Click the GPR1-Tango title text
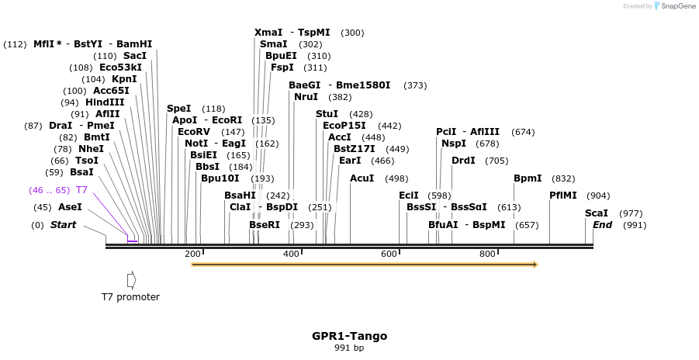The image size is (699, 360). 349,336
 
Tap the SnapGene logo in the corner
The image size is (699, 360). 673,6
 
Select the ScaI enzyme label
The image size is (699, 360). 597,213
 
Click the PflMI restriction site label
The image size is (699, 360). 563,196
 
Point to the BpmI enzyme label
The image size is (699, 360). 528,178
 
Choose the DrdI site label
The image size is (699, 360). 463,161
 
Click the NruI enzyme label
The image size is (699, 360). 306,97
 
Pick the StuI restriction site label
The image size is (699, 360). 327,114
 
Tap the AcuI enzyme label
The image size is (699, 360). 362,178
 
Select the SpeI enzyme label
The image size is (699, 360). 179,109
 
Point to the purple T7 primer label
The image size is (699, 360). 81,190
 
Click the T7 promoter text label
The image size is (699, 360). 130,297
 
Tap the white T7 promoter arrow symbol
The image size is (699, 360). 132,279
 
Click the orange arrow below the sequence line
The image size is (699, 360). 364,265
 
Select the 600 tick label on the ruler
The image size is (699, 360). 389,254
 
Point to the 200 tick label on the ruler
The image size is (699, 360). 192,254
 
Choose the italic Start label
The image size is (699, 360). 64,225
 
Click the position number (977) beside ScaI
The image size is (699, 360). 631,213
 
